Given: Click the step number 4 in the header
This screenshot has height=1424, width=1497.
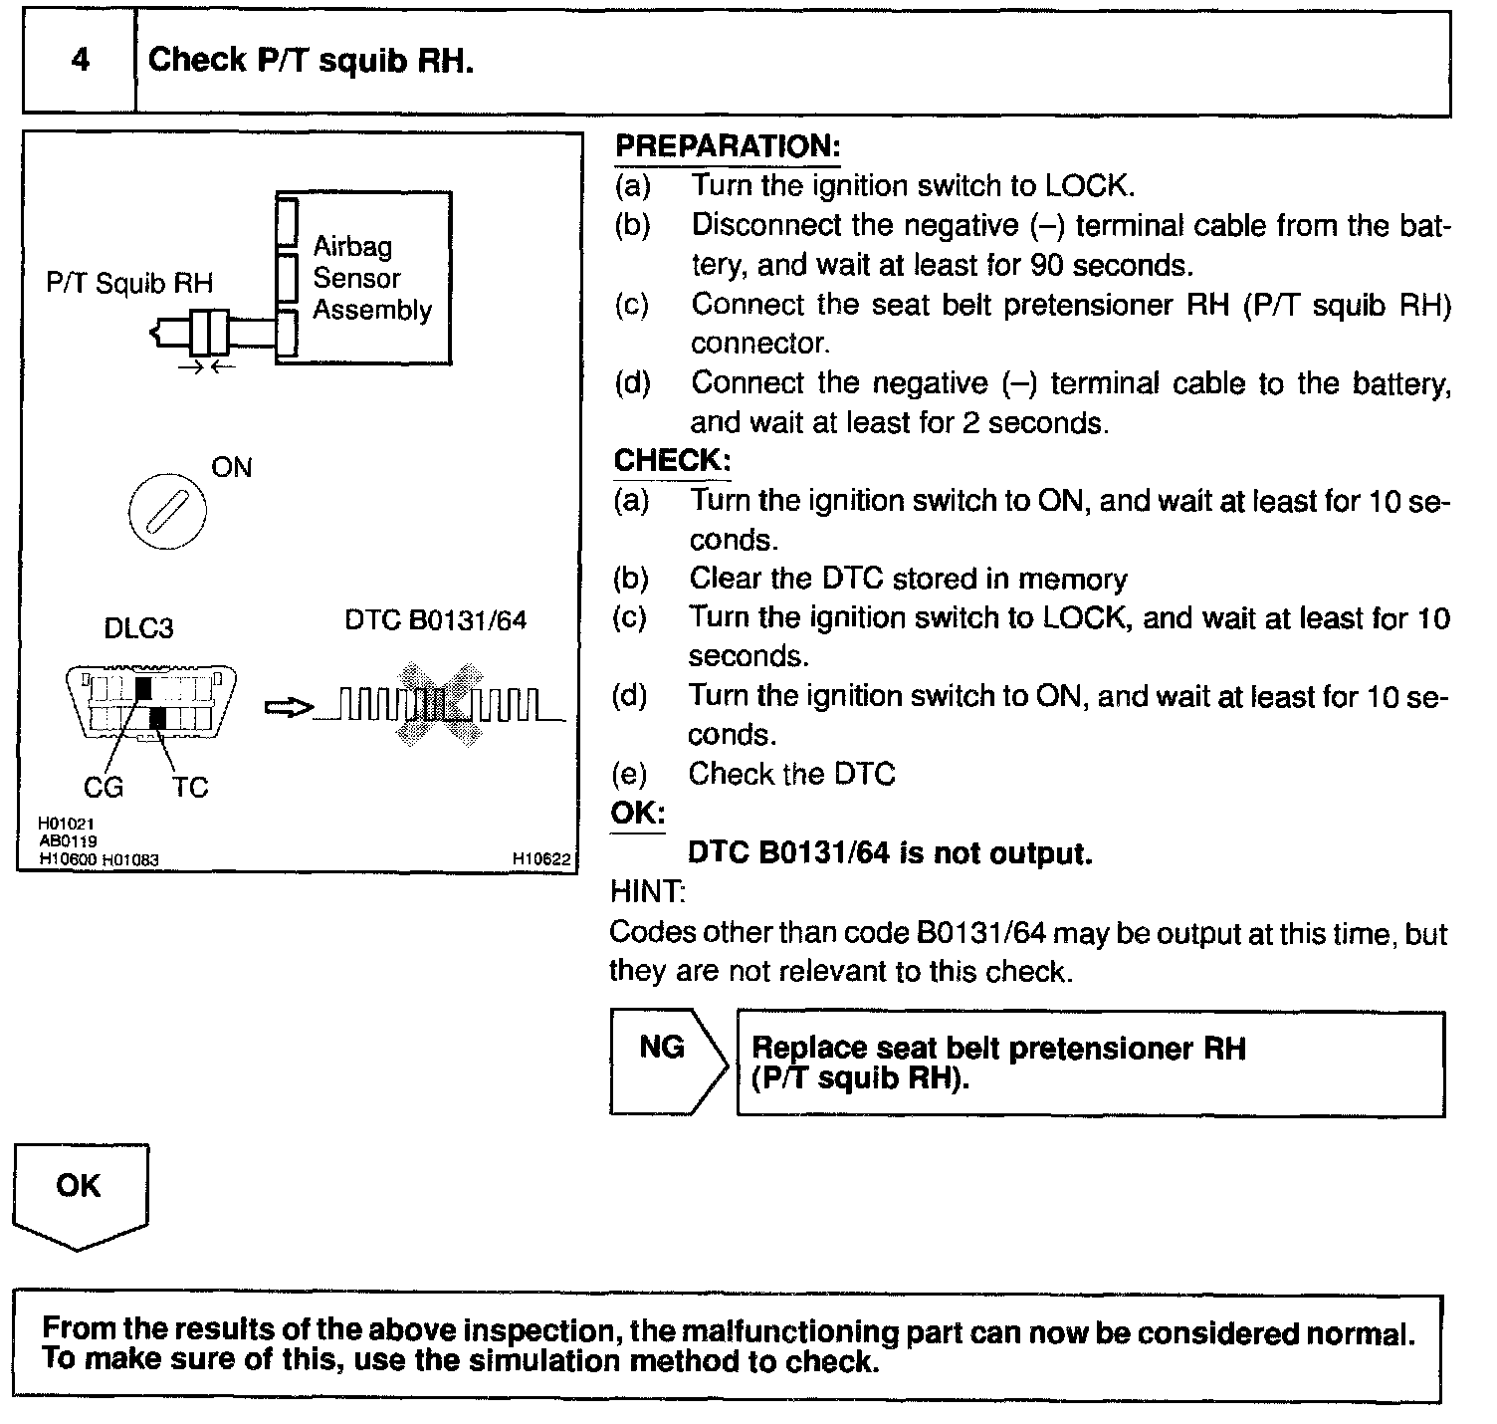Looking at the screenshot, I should click(x=80, y=60).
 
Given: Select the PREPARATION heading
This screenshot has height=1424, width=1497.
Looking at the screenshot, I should click(x=728, y=146).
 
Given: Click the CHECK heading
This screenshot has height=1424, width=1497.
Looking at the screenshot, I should click(x=672, y=460).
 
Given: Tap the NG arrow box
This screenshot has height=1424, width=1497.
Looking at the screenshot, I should click(x=665, y=1062).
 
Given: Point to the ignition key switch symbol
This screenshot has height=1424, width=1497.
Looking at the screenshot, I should click(x=167, y=513).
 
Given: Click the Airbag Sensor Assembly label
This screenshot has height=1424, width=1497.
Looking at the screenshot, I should click(x=371, y=278).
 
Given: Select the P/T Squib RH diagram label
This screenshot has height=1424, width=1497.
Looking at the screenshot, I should click(x=129, y=284).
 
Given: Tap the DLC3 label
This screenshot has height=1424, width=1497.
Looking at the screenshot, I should click(x=138, y=628).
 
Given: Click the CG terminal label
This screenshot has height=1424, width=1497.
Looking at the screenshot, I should click(x=104, y=788).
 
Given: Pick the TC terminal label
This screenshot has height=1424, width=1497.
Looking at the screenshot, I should click(x=189, y=788).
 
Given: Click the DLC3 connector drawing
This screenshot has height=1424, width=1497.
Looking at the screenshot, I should click(x=151, y=703).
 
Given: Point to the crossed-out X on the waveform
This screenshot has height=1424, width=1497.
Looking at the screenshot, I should click(x=438, y=705).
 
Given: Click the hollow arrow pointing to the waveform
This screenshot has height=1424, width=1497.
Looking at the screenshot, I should click(x=288, y=707).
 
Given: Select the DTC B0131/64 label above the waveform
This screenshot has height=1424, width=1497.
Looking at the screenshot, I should click(x=435, y=620).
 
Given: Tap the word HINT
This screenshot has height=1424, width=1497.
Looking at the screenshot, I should click(x=647, y=892).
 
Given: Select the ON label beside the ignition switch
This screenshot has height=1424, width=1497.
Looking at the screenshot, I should click(x=232, y=468).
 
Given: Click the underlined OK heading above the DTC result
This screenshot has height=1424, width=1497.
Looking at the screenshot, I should click(x=638, y=813).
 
